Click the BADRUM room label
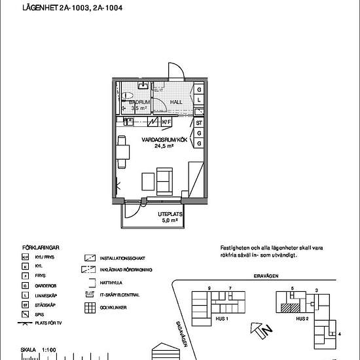pos(139,103)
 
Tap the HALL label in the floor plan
pos(176,103)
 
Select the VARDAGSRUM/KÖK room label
pos(161,140)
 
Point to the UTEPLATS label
pos(169,214)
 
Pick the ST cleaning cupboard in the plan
pos(199,122)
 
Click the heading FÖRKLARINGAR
pos(41,248)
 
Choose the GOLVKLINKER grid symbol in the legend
pos(90,307)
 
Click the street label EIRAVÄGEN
pos(268,276)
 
